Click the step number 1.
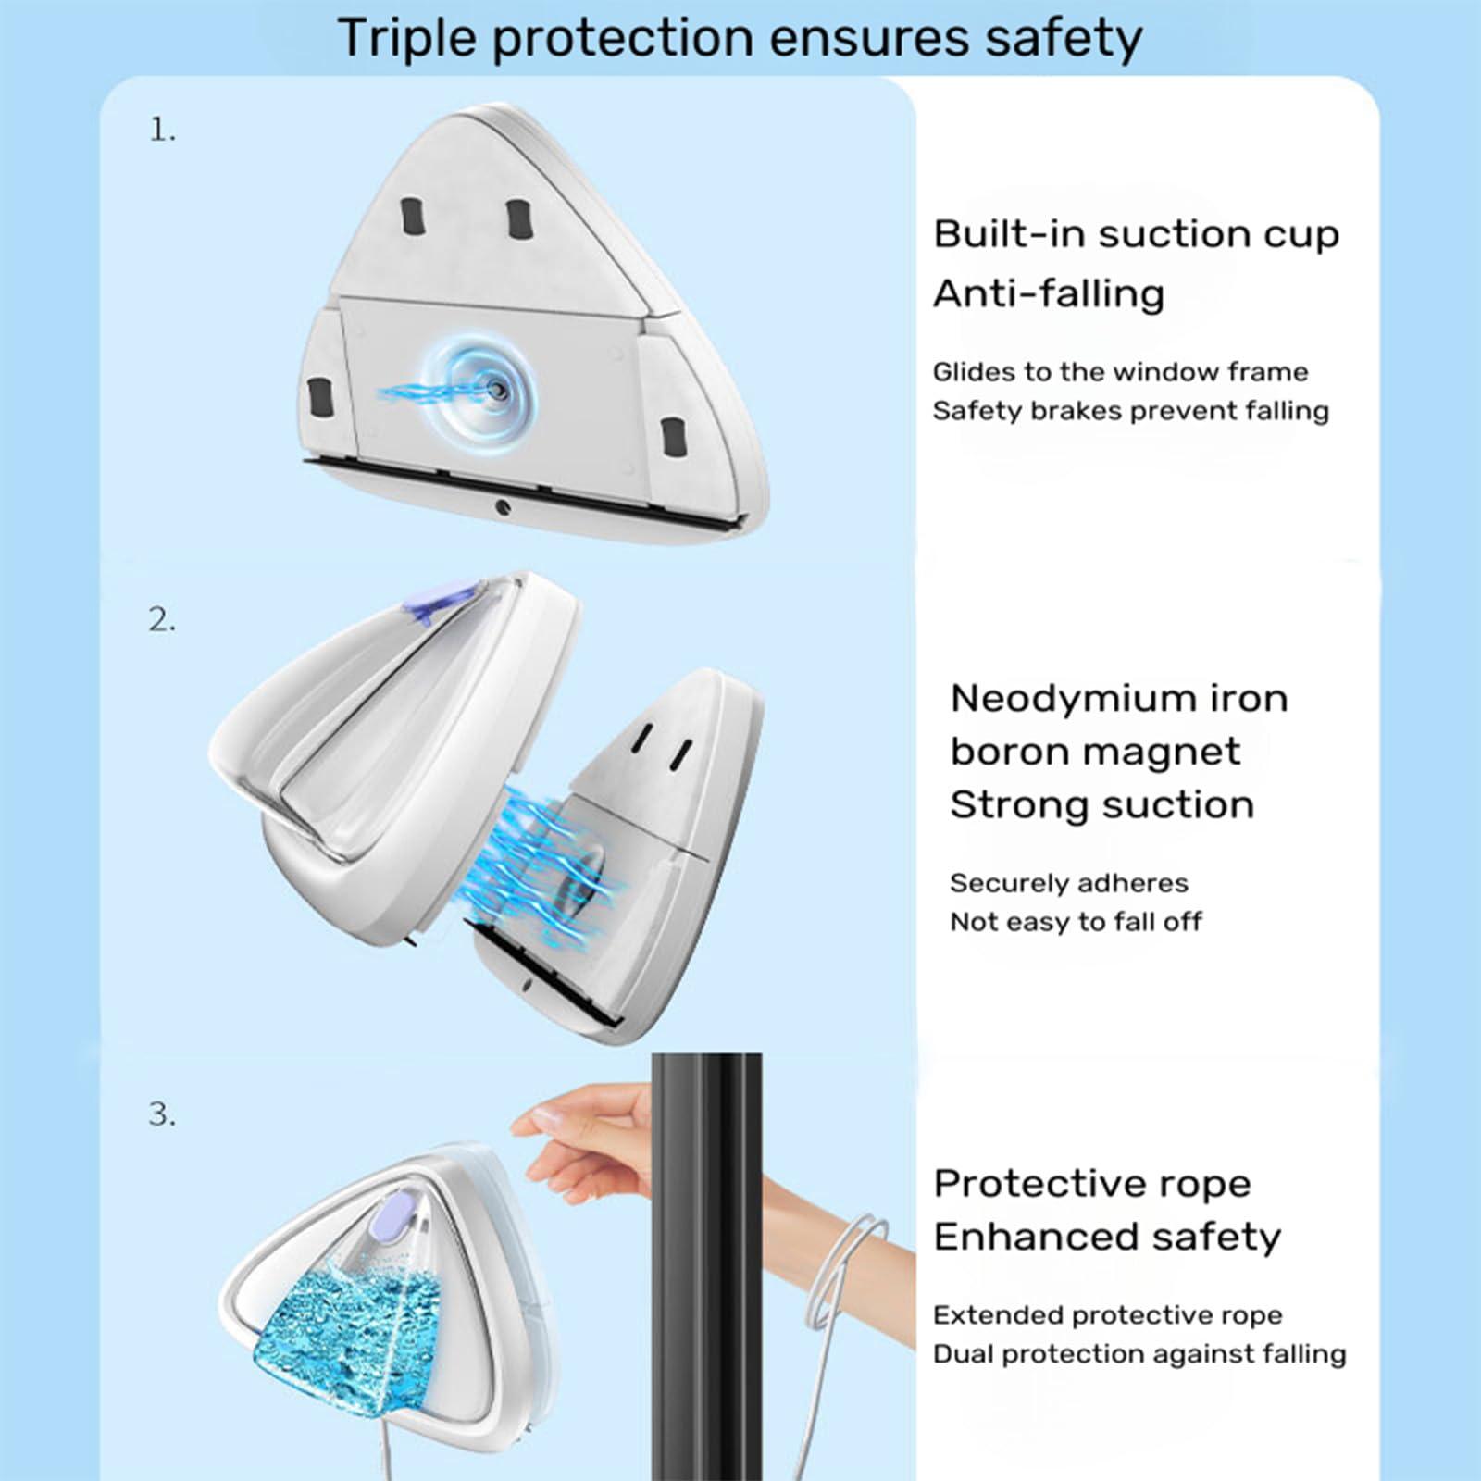162,131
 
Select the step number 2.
162,620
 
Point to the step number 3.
162,1114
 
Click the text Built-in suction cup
1136,234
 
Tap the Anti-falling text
1048,293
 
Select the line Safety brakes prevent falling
1130,411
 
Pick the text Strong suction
1101,804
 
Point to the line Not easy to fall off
1076,922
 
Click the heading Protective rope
1091,1184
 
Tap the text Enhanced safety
1106,1237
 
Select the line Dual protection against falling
1139,1354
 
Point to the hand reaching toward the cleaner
592,1134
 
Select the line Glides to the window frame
1120,372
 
